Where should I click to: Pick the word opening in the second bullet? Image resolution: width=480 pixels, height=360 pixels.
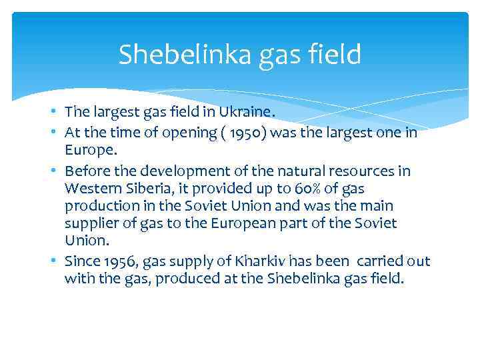(195, 133)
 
